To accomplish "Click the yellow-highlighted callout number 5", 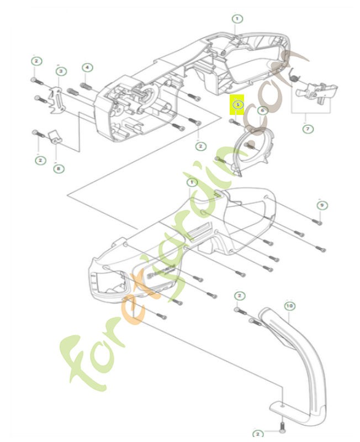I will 238,104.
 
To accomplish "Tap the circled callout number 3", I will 61,71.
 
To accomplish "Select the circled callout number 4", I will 87,67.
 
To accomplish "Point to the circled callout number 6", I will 263,110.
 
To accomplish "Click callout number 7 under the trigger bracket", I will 308,129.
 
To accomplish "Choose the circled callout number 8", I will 58,169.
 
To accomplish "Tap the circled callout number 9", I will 321,205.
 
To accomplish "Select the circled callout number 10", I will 289,305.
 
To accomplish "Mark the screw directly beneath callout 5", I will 236,121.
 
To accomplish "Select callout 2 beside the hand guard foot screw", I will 258,434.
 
